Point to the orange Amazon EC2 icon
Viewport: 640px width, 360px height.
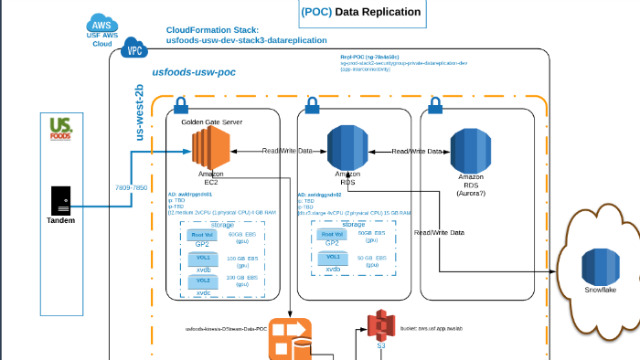click(209, 147)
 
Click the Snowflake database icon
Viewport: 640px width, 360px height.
click(601, 265)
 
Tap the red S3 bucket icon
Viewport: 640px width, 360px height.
click(381, 324)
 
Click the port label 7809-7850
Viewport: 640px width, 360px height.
click(132, 187)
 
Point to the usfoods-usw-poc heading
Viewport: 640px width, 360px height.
click(193, 73)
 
